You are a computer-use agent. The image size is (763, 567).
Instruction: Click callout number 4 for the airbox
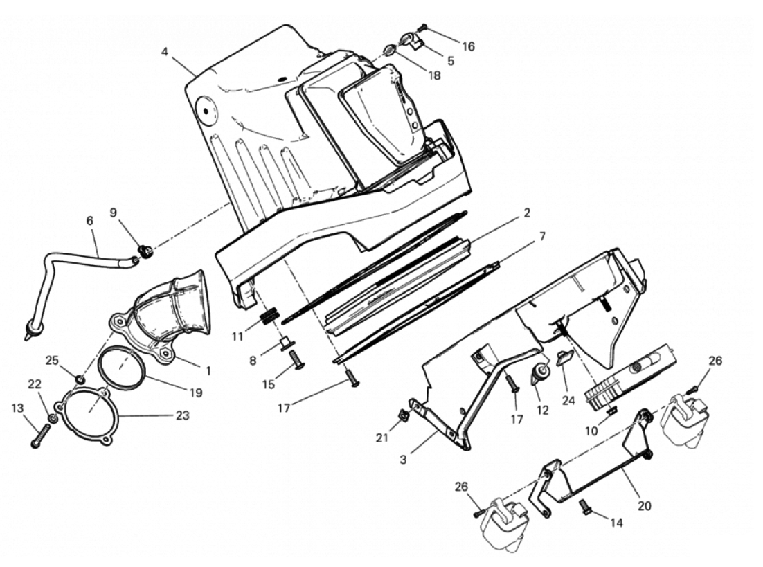(165, 51)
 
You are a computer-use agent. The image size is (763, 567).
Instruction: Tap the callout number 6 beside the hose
(89, 220)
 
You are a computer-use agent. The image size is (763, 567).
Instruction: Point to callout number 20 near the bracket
(644, 506)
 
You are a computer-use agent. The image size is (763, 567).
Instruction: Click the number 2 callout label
(526, 213)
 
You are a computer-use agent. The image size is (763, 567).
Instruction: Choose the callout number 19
(195, 393)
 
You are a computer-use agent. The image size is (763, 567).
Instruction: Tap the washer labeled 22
(53, 419)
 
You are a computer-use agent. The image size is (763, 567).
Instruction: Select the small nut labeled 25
(80, 379)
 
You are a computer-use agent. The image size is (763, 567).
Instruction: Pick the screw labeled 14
(584, 510)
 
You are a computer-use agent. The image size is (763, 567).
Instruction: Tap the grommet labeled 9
(145, 250)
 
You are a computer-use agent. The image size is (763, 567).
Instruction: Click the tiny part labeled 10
(611, 412)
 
